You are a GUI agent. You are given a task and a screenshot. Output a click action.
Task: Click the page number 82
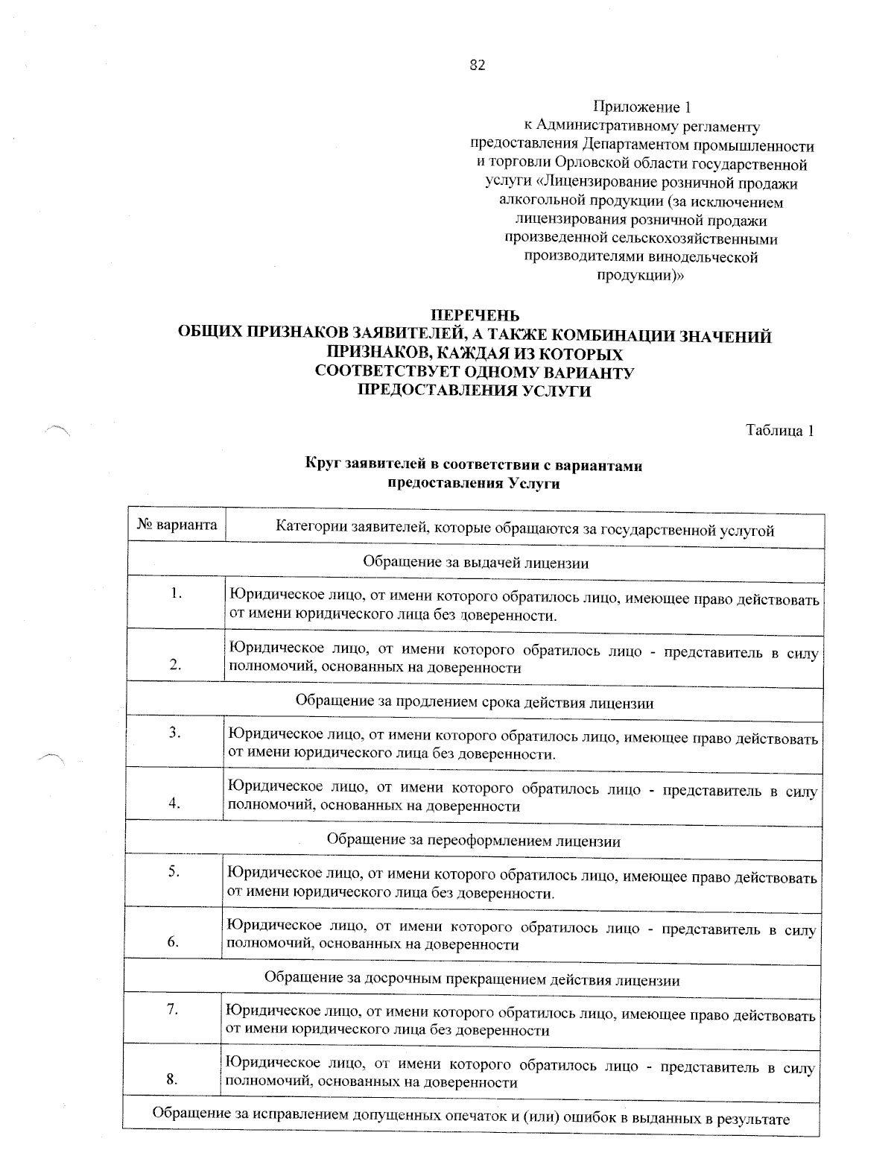478,66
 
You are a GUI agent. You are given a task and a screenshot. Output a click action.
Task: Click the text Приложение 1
638,107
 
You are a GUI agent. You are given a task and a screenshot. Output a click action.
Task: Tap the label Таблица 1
779,430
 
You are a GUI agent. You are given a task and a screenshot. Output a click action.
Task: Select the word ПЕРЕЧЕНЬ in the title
476,317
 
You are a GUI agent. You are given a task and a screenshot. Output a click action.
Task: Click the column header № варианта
177,525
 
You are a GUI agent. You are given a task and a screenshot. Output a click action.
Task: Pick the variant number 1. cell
177,594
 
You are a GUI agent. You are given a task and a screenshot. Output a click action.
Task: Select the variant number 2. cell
176,666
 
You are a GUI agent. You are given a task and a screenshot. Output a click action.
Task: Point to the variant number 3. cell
176,733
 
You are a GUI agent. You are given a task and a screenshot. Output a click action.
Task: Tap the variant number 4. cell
176,803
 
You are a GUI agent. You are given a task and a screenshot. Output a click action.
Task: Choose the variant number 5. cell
175,871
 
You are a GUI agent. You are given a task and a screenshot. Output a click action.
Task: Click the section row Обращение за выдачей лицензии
476,563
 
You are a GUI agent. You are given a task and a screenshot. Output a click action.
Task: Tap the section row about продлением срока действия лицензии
475,702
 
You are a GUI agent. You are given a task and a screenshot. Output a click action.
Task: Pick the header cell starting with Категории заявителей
524,531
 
